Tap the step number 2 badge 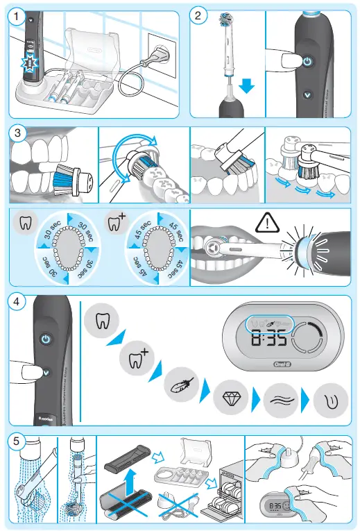click(x=199, y=15)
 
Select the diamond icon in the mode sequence click(x=229, y=401)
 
